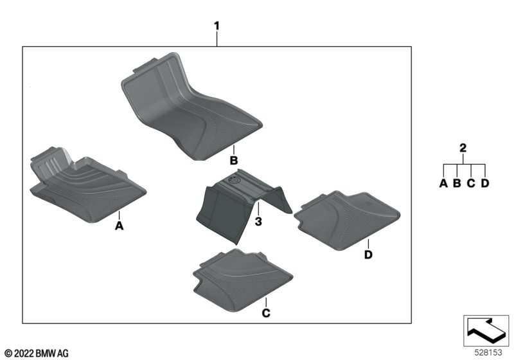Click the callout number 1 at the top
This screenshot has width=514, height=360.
pyautogui.click(x=217, y=26)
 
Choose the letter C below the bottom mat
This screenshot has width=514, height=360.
pyautogui.click(x=265, y=313)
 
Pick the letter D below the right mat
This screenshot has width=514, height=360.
pyautogui.click(x=368, y=256)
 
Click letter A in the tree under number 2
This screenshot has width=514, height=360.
pyautogui.click(x=443, y=184)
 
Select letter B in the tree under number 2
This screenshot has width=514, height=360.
pyautogui.click(x=457, y=184)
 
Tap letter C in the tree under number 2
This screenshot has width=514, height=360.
pyautogui.click(x=471, y=184)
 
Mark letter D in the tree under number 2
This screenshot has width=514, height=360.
pyautogui.click(x=485, y=184)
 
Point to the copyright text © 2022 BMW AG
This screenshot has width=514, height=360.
pyautogui.click(x=36, y=353)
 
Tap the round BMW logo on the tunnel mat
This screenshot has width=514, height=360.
pyautogui.click(x=233, y=184)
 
